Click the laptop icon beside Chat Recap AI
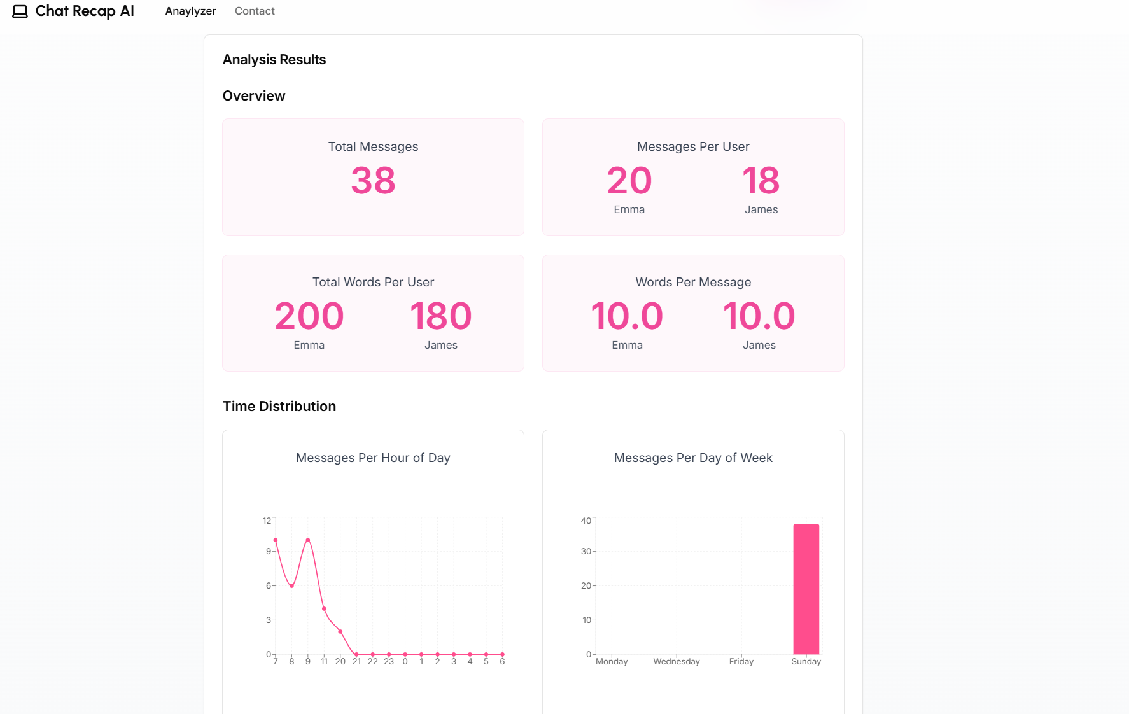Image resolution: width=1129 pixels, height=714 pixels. click(20, 11)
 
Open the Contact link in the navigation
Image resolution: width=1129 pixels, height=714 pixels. click(255, 11)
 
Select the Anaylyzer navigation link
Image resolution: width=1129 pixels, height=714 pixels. click(190, 11)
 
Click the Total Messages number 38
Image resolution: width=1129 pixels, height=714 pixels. click(373, 181)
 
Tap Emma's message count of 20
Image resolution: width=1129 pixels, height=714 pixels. click(629, 181)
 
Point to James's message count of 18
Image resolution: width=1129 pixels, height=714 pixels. click(761, 181)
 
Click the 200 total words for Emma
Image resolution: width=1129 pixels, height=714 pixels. click(309, 316)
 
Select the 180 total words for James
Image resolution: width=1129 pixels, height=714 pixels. click(440, 316)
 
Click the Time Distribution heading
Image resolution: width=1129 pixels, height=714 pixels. click(279, 406)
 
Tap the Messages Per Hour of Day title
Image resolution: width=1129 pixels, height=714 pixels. click(373, 458)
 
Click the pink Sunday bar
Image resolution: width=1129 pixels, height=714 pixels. click(806, 589)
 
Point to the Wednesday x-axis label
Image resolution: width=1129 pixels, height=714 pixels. click(676, 662)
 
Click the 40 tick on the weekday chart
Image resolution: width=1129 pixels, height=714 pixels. click(586, 521)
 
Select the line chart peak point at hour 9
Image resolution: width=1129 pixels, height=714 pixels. click(308, 540)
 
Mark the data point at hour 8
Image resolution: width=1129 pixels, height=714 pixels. click(291, 585)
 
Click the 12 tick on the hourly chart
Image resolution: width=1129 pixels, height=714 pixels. click(267, 521)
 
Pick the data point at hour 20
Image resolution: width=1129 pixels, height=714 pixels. click(340, 631)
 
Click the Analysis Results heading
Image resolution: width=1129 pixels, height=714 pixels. click(274, 59)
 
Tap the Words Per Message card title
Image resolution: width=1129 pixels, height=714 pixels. click(693, 282)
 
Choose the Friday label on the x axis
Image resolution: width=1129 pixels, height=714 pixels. click(741, 662)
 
